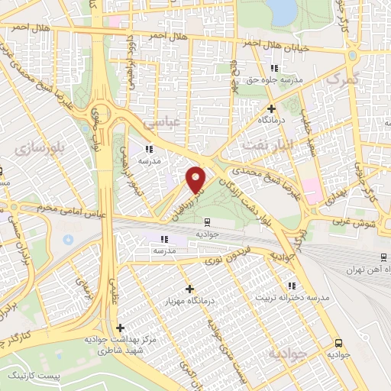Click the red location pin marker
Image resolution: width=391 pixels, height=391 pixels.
tap(196, 179)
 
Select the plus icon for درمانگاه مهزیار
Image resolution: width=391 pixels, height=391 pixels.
tap(189, 289)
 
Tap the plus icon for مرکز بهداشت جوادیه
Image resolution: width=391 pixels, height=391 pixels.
tap(120, 328)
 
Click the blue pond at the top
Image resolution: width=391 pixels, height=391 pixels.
tap(283, 9)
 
